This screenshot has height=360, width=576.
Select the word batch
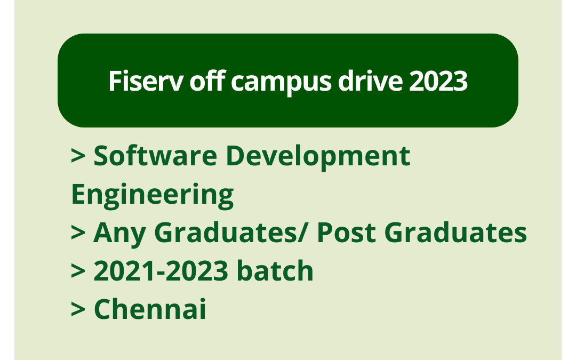tap(275, 271)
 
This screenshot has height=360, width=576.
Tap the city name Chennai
tap(150, 310)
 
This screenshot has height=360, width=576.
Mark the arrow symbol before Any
tap(78, 234)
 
